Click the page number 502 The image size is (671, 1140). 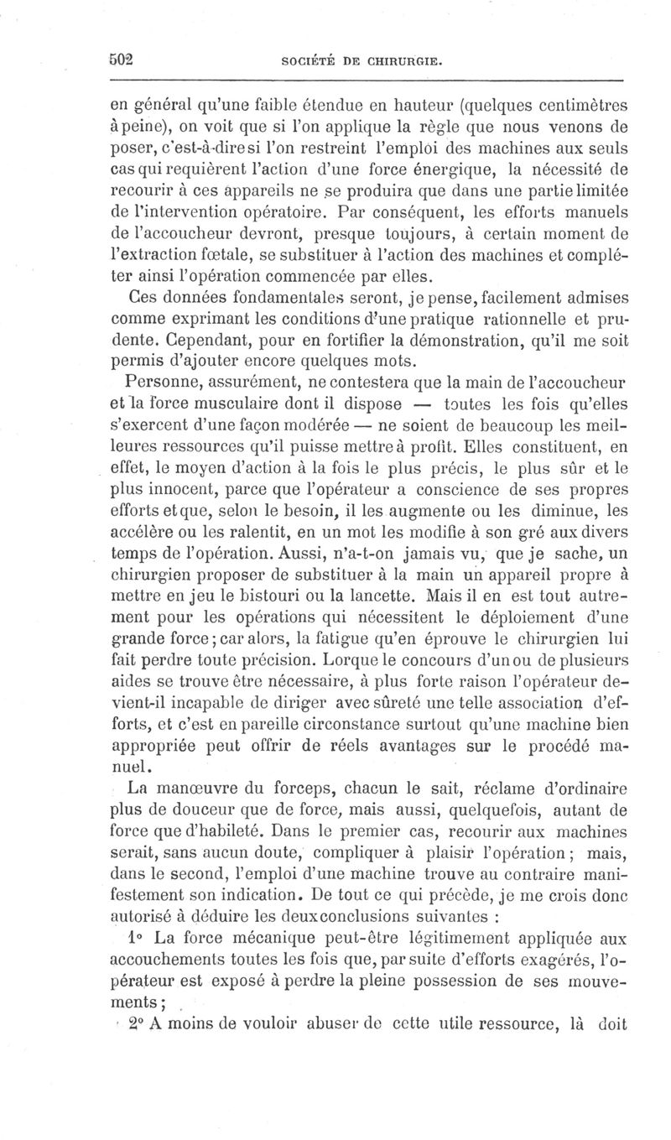[123, 60]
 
